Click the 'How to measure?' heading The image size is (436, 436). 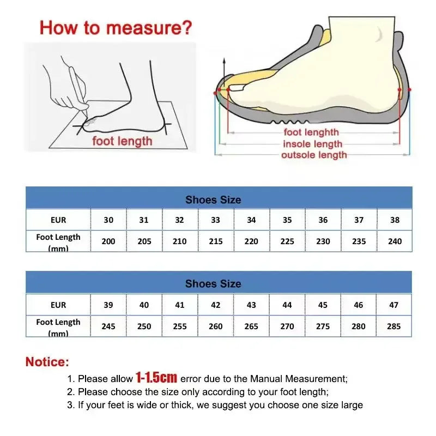tap(116, 27)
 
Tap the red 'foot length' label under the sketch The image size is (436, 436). tap(122, 141)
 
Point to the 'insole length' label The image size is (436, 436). tap(312, 144)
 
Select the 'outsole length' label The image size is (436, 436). tap(313, 155)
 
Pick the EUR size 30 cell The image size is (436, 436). tap(108, 220)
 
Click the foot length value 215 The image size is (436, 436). tap(216, 241)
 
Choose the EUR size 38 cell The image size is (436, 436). tap(395, 220)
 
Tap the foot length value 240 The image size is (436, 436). tap(395, 241)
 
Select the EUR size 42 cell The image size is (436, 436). tap(216, 305)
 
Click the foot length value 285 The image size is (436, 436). tap(393, 326)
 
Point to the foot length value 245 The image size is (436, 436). tap(108, 326)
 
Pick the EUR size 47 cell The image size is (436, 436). tap(393, 305)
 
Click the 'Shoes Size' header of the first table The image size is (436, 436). tap(213, 199)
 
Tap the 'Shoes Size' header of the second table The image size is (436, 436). tap(213, 283)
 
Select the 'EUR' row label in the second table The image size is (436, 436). tap(58, 305)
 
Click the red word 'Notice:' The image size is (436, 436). tap(47, 361)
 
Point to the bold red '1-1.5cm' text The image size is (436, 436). tap(156, 377)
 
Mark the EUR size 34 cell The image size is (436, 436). tap(251, 220)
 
